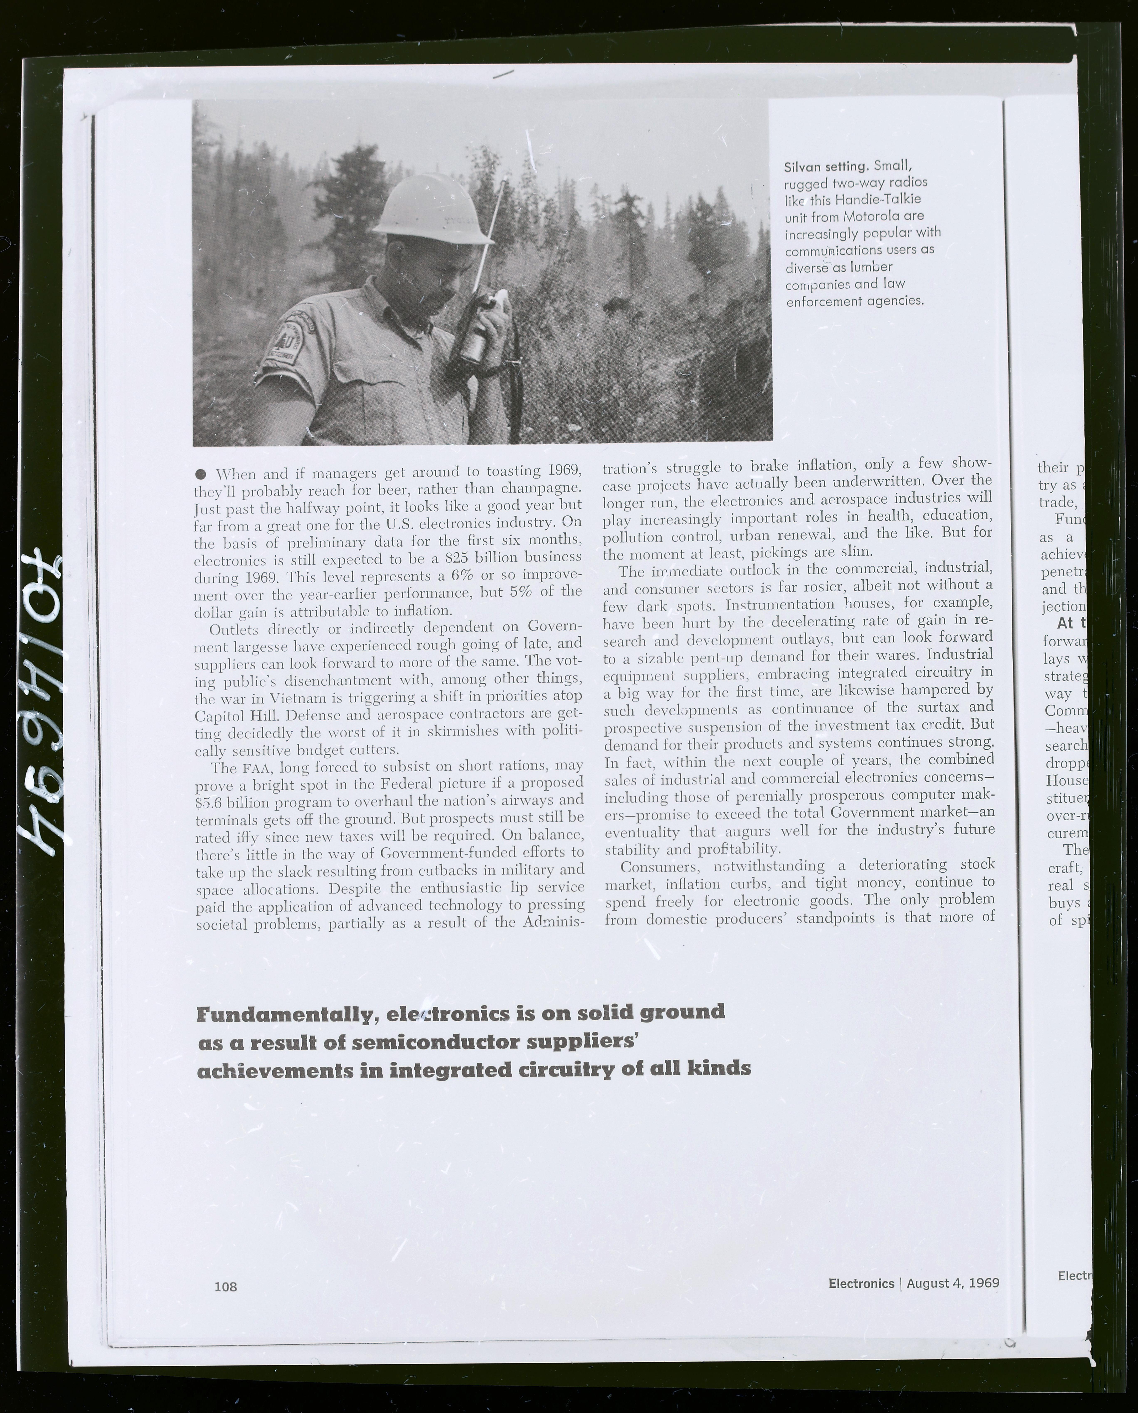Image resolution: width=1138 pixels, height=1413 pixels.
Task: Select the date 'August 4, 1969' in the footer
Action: [x=952, y=1283]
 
